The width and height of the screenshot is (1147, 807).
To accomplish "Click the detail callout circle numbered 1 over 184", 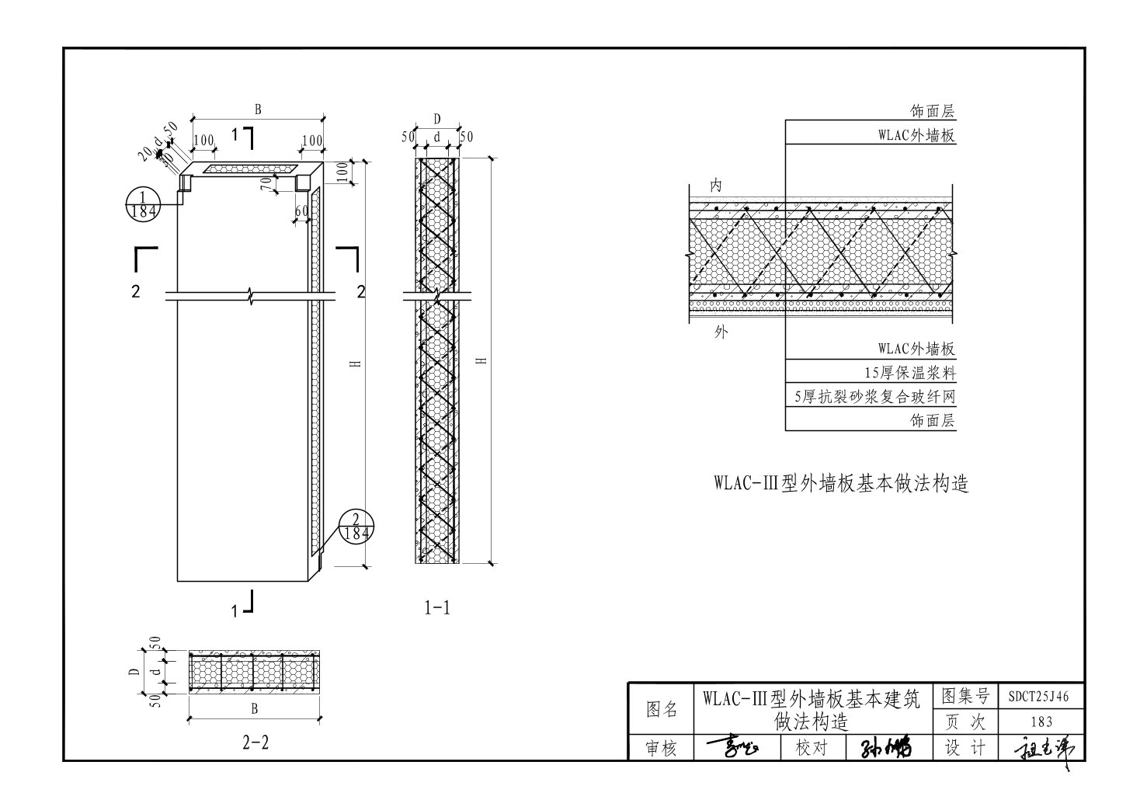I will [143, 203].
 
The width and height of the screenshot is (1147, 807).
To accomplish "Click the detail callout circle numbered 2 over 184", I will [354, 527].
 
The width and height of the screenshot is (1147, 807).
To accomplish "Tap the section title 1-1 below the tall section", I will [437, 608].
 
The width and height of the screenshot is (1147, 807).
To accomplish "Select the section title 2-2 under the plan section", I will [255, 743].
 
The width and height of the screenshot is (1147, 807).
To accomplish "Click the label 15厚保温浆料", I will [909, 372].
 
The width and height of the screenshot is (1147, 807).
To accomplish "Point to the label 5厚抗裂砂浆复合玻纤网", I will [874, 397].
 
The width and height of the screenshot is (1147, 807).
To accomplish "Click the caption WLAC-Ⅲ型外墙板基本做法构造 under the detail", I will [842, 484].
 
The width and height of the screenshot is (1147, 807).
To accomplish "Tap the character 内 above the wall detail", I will [716, 186].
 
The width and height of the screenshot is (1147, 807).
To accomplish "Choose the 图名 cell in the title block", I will [662, 709].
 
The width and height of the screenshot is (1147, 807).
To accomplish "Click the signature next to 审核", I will [735, 747].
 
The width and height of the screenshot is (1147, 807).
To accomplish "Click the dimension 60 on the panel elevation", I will [302, 211].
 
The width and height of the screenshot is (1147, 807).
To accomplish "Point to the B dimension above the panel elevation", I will [258, 110].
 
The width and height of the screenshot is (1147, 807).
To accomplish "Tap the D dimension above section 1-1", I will [437, 119].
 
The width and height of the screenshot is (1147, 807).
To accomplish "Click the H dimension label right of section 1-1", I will [482, 360].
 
